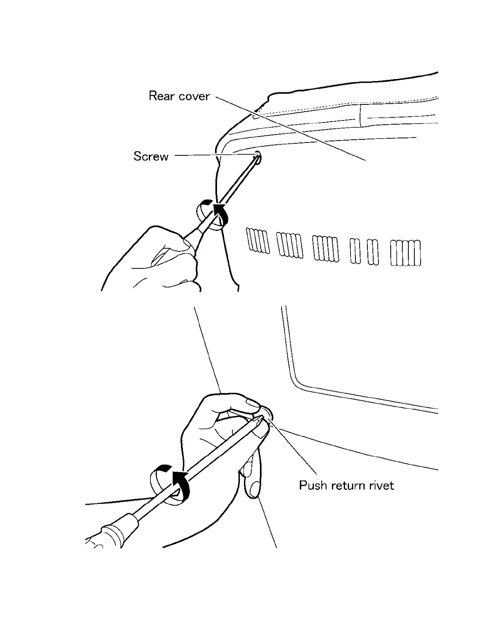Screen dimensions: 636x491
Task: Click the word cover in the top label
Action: coord(194,96)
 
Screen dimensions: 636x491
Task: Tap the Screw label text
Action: coord(151,156)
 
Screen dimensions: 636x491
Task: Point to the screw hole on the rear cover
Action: coord(257,157)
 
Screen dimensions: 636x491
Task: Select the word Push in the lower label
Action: coord(314,485)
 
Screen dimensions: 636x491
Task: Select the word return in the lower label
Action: coord(349,485)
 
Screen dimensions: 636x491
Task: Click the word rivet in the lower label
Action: coord(381,485)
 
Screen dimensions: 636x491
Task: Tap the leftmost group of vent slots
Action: coord(257,241)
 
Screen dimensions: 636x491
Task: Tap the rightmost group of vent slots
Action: coord(406,253)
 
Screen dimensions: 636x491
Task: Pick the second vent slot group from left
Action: coord(290,245)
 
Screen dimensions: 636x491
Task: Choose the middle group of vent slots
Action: coord(325,249)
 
